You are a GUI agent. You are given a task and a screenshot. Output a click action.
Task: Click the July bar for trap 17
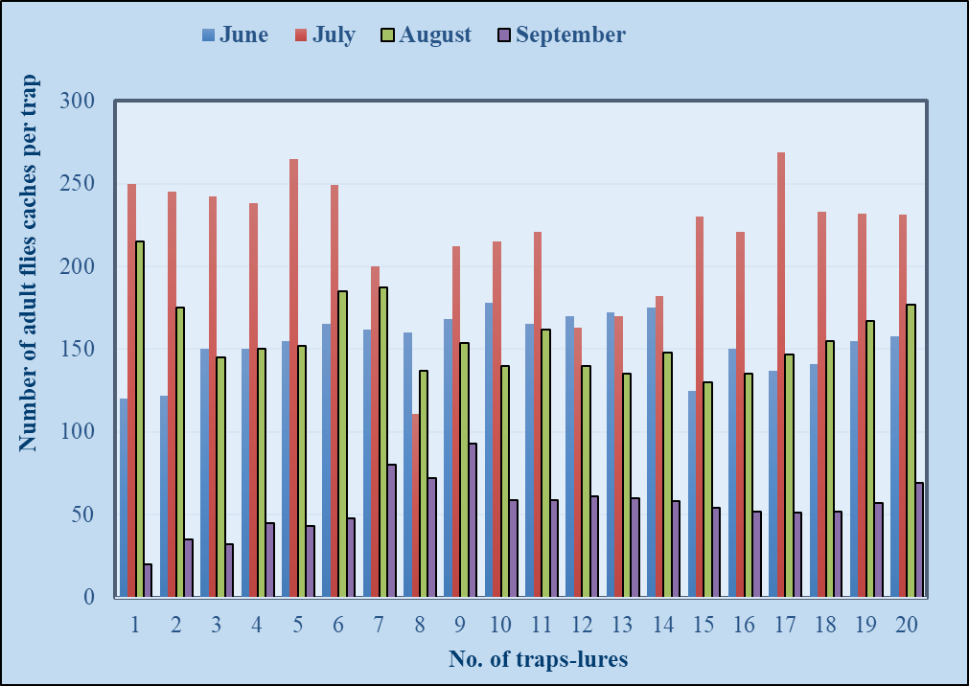coord(781,375)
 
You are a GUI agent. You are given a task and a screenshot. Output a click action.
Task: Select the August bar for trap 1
coord(140,419)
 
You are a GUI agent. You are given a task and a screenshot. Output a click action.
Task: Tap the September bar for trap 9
coord(473,519)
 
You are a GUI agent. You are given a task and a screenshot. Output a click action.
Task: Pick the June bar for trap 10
coord(489,450)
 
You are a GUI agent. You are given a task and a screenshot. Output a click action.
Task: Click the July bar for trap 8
coord(416,506)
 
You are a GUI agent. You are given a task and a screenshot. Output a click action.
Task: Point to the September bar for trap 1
coord(148,581)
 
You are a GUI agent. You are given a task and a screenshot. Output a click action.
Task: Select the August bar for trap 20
coord(911,450)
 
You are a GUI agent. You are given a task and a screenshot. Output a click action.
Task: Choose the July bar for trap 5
coord(293,378)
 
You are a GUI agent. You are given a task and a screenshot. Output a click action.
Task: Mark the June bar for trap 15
coord(692,493)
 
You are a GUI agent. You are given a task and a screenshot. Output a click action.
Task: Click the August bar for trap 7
coord(383,442)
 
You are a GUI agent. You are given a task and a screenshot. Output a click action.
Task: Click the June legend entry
coord(236,34)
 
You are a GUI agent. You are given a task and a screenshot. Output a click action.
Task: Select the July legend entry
coord(325,35)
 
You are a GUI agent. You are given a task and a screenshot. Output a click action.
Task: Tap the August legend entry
coord(426,35)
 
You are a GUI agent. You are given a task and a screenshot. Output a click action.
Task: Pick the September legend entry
coord(562,35)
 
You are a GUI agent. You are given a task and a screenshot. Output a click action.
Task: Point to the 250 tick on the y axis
coord(78,184)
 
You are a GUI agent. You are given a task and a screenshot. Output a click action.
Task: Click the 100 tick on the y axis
coord(78,431)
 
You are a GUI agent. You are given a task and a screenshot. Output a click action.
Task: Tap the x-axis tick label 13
coord(622,626)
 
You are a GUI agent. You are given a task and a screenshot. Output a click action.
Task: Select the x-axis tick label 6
coord(338,626)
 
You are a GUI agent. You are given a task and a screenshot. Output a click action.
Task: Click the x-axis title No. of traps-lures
coord(539,659)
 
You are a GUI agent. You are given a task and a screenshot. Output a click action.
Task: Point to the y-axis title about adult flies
coord(28,263)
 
